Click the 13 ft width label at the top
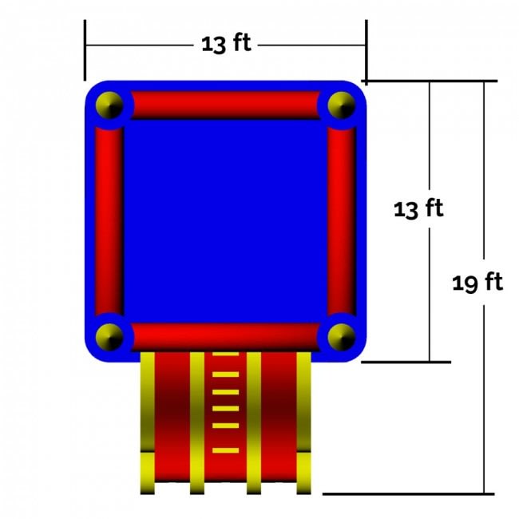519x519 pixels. (x=227, y=43)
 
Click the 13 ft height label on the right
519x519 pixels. (x=418, y=209)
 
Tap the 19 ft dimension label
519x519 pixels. (x=477, y=283)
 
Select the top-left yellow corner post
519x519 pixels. (x=109, y=105)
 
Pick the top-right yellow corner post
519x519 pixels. (x=342, y=105)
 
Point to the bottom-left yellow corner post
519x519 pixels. (x=109, y=337)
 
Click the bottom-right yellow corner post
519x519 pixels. (x=342, y=337)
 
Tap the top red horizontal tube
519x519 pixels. (x=225, y=105)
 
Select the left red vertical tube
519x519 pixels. (x=109, y=221)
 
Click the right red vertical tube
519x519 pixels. (x=342, y=221)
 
